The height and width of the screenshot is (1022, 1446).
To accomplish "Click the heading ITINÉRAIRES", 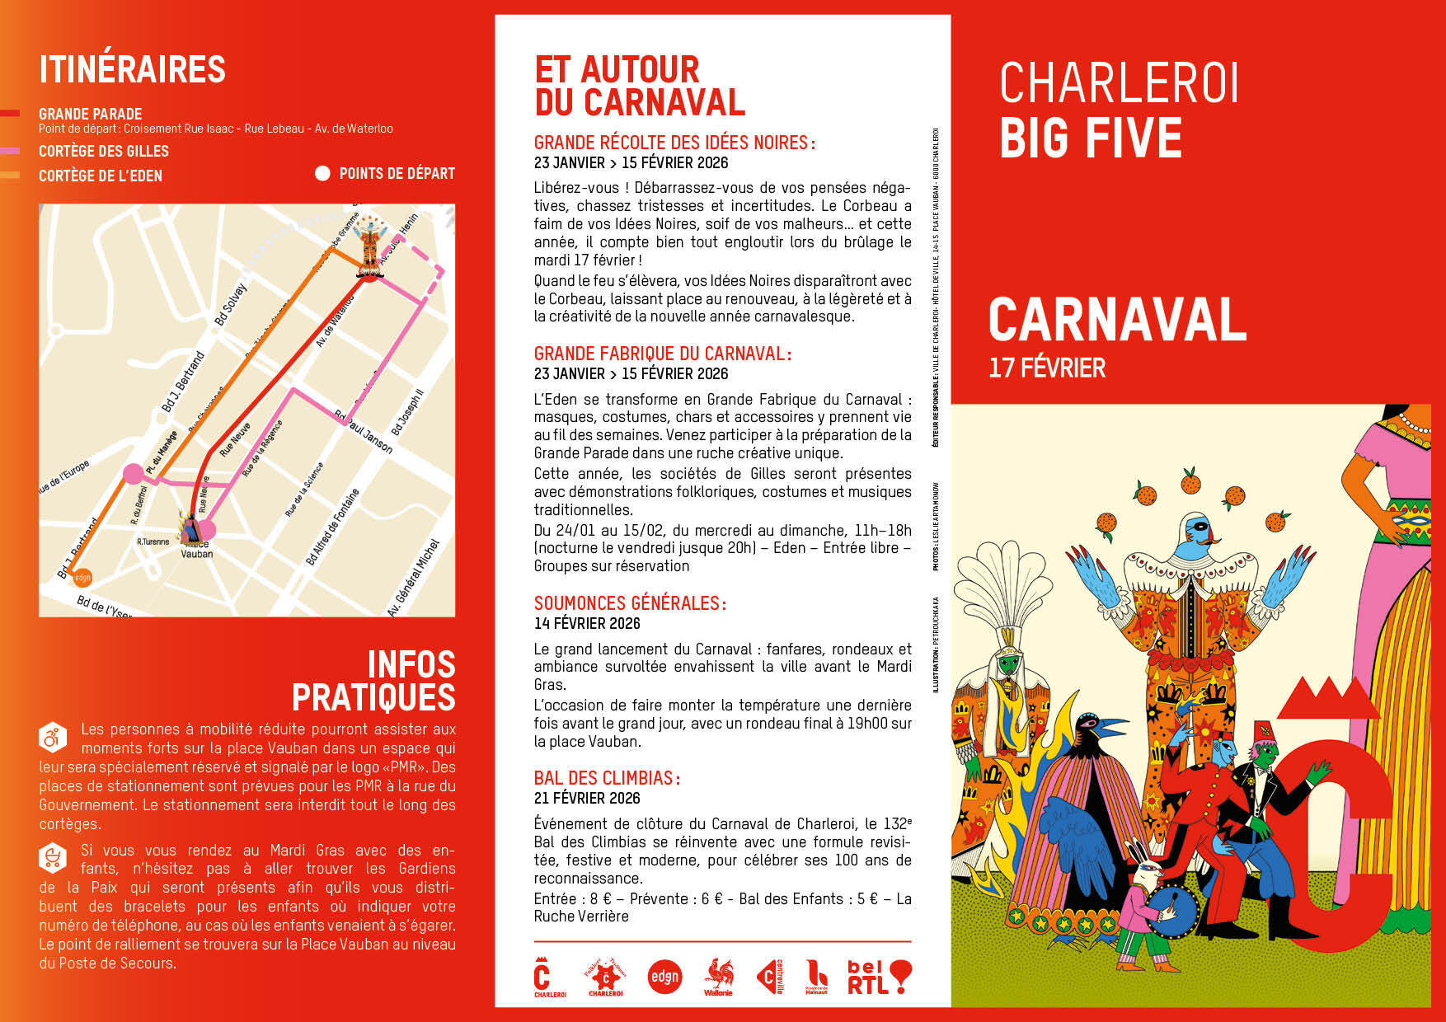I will tap(132, 69).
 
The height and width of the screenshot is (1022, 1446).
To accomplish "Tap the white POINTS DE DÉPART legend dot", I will tap(322, 173).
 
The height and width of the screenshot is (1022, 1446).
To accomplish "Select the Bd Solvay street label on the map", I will tap(230, 304).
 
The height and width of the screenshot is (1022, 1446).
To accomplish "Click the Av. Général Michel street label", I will tap(414, 578).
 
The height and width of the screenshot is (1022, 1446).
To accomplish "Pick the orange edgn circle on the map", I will tap(82, 578).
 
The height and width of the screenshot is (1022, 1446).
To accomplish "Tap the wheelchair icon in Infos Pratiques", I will tap(52, 736).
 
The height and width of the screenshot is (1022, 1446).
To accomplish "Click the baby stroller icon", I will tap(52, 858).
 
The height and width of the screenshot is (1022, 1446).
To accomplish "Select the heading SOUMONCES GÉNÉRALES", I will tap(630, 603).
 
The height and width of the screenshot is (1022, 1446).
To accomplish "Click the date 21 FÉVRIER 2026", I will tap(587, 798).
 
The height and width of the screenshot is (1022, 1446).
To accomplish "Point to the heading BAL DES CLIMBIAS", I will tap(607, 778).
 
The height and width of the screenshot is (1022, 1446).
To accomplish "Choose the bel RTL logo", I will tap(879, 977).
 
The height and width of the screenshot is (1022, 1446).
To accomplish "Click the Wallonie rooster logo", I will tap(718, 977).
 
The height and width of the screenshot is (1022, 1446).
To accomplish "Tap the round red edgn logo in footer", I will tap(664, 977).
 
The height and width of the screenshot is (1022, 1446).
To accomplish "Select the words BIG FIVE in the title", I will tap(1091, 138).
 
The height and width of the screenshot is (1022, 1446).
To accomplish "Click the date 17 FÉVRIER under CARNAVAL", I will tap(1047, 368).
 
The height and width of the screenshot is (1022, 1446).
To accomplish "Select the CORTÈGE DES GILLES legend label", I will tap(104, 152).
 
